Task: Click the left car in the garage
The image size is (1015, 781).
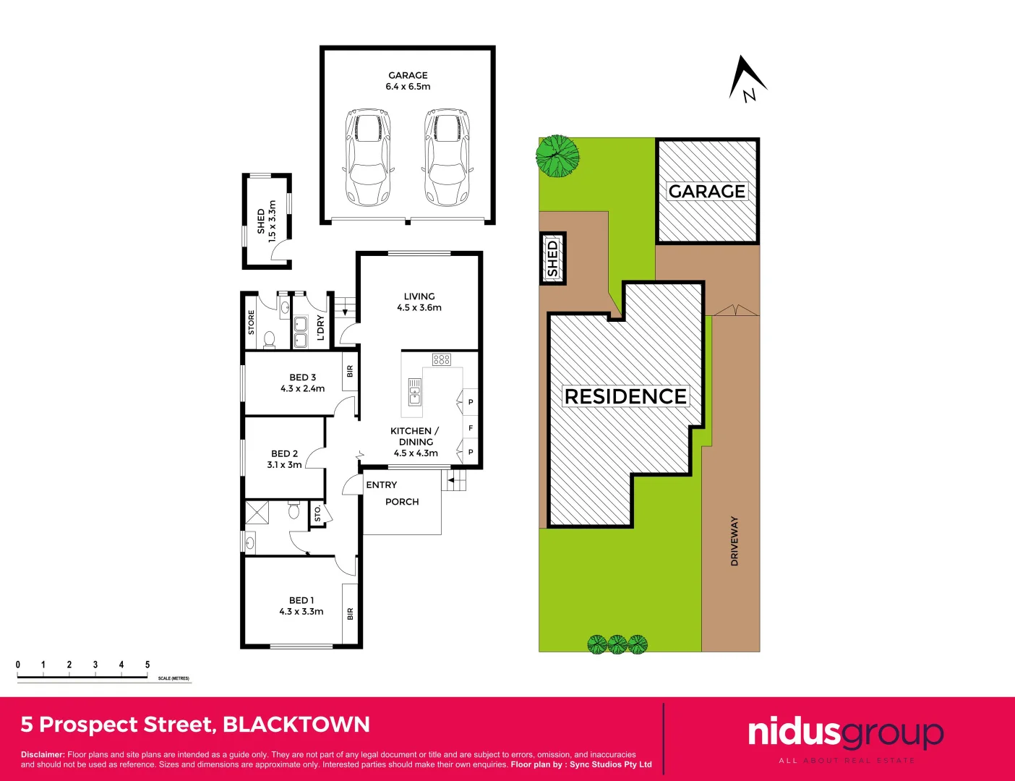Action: coord(368,157)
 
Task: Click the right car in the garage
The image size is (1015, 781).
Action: coord(447,157)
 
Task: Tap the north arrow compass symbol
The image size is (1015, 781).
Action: coord(747,79)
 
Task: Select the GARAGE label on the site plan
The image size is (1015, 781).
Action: coord(706,191)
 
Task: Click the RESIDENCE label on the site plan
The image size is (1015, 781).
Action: coord(625,396)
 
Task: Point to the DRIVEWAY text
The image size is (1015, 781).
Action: coord(735,541)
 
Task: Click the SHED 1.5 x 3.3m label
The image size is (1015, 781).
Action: coord(266,221)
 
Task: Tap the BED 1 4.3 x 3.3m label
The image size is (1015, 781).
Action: coord(301,606)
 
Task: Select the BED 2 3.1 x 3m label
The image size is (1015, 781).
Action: coord(284,459)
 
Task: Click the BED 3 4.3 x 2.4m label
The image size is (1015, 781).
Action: coord(302,383)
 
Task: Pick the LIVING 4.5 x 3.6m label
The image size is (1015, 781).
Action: coord(419,302)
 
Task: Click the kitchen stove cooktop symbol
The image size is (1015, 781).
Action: coord(442,359)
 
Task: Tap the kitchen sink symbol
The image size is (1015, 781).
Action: coord(415,391)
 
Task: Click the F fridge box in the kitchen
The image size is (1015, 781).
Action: coord(471,428)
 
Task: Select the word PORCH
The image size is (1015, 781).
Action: coord(402,502)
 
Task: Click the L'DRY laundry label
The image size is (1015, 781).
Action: coord(320,328)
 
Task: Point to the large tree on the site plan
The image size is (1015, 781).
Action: coord(557,156)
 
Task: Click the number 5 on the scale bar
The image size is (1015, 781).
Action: coord(147,665)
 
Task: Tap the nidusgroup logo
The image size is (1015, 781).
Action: coord(845,733)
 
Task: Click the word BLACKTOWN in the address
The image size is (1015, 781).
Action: coord(296,725)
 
